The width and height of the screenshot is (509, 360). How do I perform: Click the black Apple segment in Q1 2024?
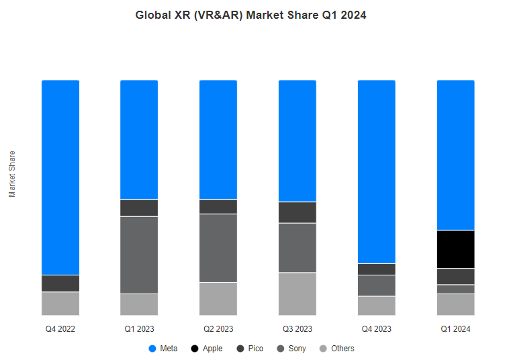[455, 249]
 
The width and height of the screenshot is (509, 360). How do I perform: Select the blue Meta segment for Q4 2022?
[60, 177]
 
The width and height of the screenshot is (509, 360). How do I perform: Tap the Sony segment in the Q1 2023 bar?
[139, 255]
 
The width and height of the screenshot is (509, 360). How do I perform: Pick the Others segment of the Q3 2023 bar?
[297, 294]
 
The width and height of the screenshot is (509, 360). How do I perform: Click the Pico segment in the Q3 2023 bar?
[297, 212]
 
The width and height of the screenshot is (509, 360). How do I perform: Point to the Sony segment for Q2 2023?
[218, 248]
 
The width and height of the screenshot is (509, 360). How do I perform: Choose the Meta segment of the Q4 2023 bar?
[377, 171]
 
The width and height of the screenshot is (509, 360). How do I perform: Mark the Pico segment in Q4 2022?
[60, 283]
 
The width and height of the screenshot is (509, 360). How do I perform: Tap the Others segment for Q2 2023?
[218, 298]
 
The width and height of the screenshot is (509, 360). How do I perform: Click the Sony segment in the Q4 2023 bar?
[377, 285]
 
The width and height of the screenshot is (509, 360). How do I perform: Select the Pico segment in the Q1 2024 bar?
[455, 276]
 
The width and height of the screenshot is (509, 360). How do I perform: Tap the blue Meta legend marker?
[152, 349]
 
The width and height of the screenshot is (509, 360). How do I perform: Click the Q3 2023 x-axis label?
[297, 329]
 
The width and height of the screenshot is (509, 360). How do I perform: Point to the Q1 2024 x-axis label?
[455, 329]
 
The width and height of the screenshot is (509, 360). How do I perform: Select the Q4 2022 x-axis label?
[60, 329]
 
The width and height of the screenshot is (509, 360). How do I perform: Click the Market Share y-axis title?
[12, 174]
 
